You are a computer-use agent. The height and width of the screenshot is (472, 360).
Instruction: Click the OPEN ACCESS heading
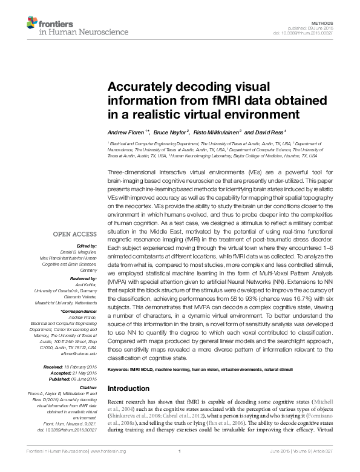click(x=74, y=233)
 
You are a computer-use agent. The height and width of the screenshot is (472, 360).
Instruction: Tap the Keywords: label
click(x=120, y=369)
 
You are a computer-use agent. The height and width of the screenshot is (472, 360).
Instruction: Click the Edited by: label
click(x=86, y=246)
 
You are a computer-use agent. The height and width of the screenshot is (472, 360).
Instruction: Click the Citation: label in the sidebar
click(x=87, y=386)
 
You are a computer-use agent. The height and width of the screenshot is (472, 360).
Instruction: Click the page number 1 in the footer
click(x=180, y=468)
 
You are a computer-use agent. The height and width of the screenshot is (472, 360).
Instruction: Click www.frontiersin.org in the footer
click(x=108, y=468)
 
